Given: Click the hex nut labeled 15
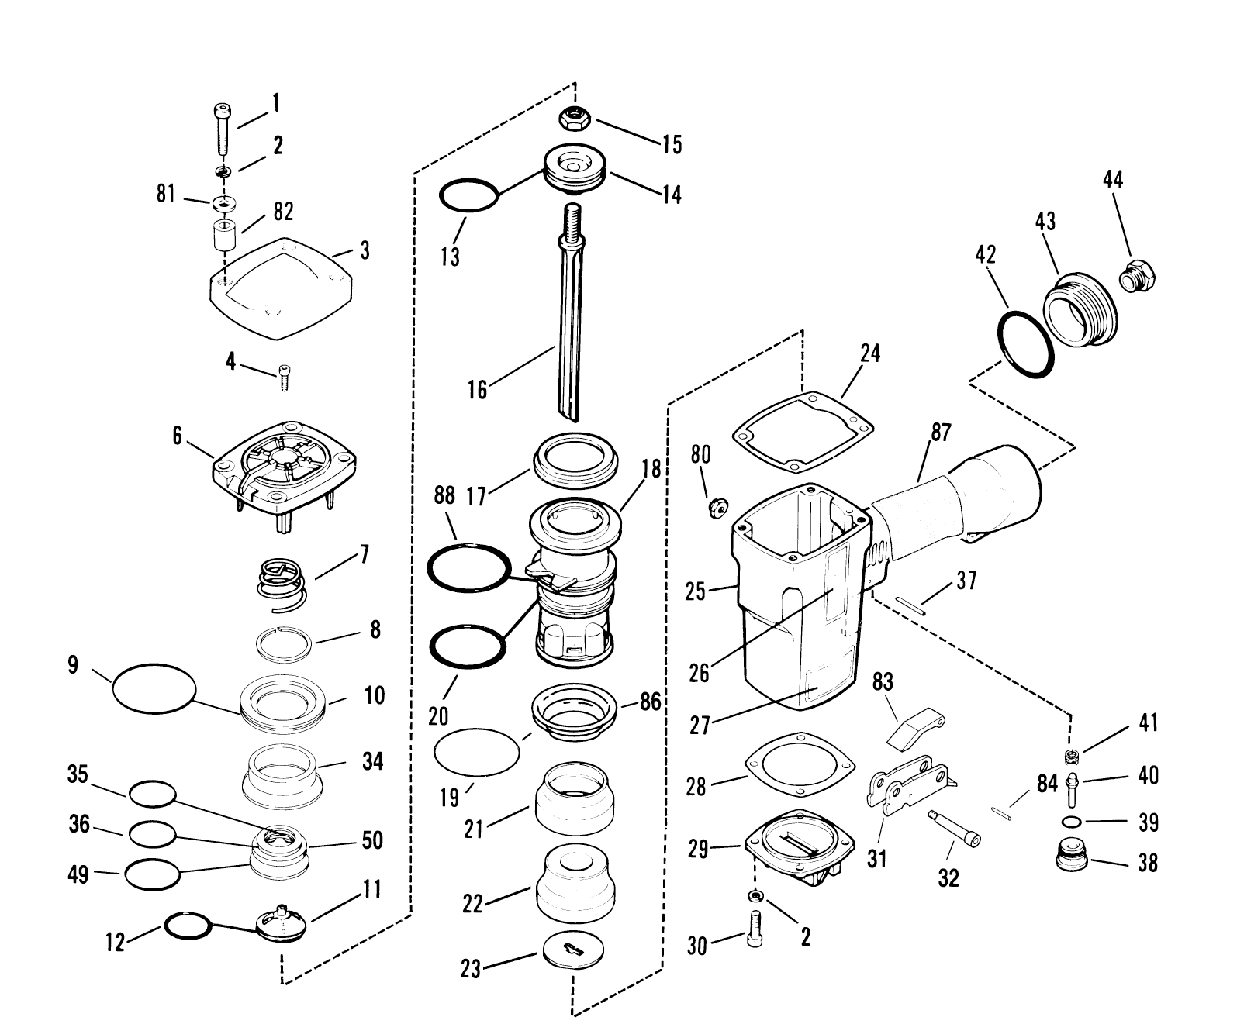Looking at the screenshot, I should pyautogui.click(x=575, y=119).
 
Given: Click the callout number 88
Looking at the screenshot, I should pyautogui.click(x=444, y=497).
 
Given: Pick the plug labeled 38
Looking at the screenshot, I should pyautogui.click(x=1074, y=857).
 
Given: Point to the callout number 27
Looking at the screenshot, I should pyautogui.click(x=700, y=726).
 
